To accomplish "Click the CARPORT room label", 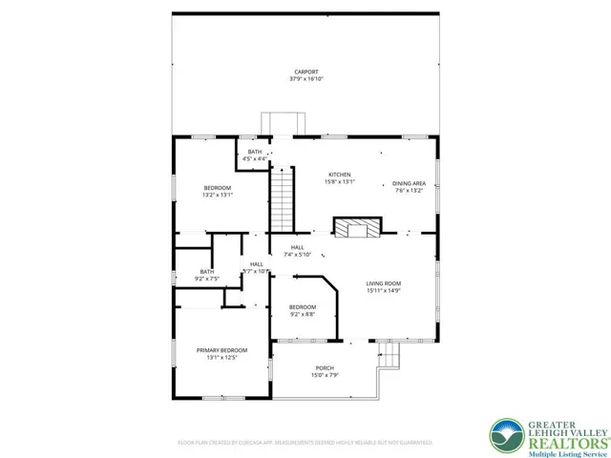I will click(x=305, y=72).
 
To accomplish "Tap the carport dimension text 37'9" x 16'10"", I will click(x=305, y=79).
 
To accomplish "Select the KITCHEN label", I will click(x=340, y=175).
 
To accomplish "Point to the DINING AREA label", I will click(x=409, y=183).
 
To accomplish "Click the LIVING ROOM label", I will click(x=384, y=283).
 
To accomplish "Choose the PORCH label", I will click(x=326, y=368).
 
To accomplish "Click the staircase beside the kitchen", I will click(x=281, y=198).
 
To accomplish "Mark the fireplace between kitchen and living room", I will click(x=355, y=228).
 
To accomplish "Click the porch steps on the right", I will click(x=390, y=356).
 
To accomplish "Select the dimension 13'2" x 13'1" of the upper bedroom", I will click(x=218, y=195).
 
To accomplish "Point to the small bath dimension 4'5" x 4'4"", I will click(x=255, y=158).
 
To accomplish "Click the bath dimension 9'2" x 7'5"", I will click(x=207, y=279).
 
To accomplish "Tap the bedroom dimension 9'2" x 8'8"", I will click(x=303, y=314).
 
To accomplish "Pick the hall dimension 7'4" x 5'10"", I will click(x=298, y=254).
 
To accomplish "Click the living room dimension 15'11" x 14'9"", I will click(x=384, y=291).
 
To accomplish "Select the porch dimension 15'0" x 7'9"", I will click(x=326, y=376).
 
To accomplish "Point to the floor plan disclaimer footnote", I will click(x=305, y=443).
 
